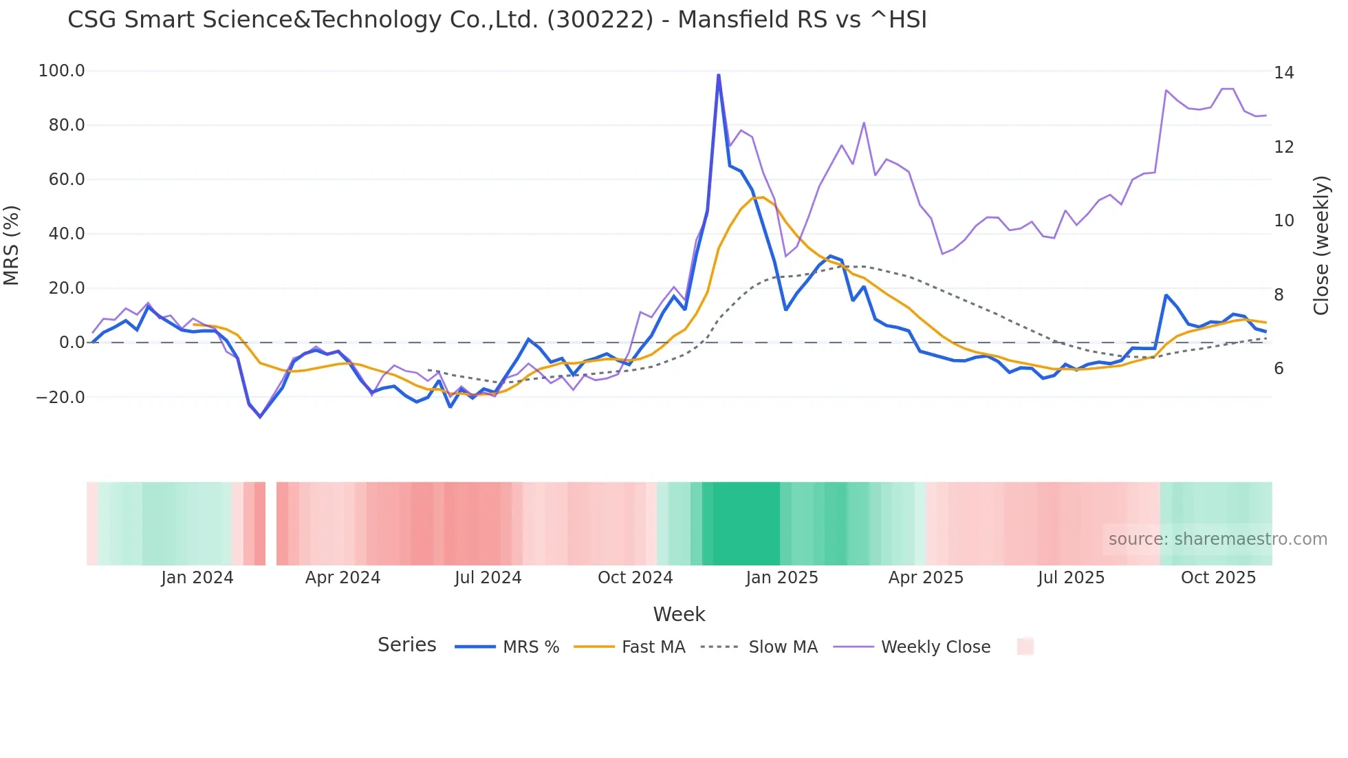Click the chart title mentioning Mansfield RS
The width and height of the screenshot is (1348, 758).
pyautogui.click(x=497, y=20)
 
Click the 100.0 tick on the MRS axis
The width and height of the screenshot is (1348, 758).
pyautogui.click(x=62, y=71)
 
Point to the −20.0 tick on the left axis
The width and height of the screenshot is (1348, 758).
pyautogui.click(x=61, y=398)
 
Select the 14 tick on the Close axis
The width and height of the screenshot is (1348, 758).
pyautogui.click(x=1283, y=73)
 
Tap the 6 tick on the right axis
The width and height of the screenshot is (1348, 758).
pyautogui.click(x=1279, y=369)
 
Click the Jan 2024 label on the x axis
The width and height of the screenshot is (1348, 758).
pyautogui.click(x=197, y=578)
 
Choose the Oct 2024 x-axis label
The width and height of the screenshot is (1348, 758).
pyautogui.click(x=635, y=578)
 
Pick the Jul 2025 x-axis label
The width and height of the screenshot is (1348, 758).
pyautogui.click(x=1071, y=578)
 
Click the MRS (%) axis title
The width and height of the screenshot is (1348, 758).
pyautogui.click(x=12, y=246)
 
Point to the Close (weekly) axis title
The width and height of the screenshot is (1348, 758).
pyautogui.click(x=1320, y=246)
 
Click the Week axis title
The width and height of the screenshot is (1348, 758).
pyautogui.click(x=679, y=614)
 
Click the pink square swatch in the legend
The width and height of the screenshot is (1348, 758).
pyautogui.click(x=1025, y=647)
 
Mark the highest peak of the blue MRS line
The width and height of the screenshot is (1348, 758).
pyautogui.click(x=719, y=75)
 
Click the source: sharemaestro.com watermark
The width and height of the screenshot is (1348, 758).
pyautogui.click(x=1217, y=539)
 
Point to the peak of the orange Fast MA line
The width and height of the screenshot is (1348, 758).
pyautogui.click(x=761, y=197)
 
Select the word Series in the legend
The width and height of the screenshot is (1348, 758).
pyautogui.click(x=406, y=645)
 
